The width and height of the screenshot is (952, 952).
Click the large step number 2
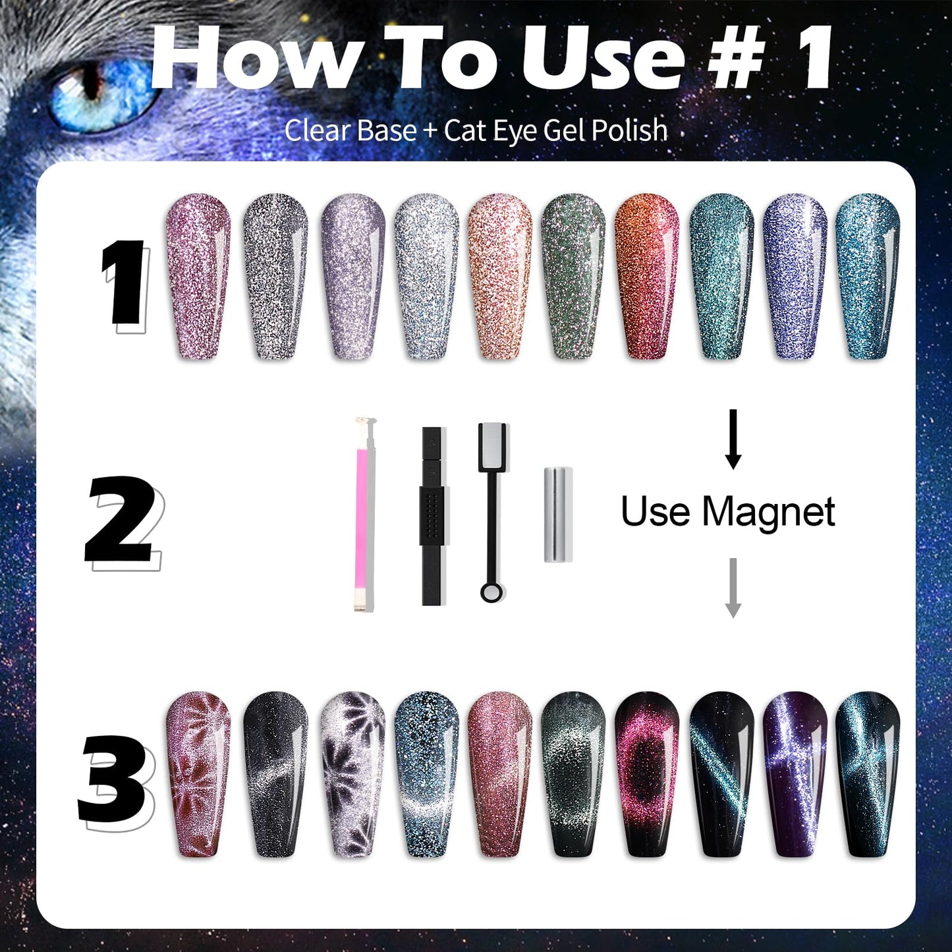click(122, 520)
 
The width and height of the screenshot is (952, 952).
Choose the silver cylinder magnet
click(558, 515)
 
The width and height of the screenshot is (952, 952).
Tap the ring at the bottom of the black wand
click(491, 592)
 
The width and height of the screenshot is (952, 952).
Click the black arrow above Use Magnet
click(733, 438)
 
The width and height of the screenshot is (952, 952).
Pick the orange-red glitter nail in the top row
click(647, 277)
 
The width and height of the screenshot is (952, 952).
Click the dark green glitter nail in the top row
click(573, 277)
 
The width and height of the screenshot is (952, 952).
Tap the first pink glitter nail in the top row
click(198, 277)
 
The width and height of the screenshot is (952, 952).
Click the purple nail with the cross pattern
click(795, 774)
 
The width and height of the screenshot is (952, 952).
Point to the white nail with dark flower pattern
click(353, 774)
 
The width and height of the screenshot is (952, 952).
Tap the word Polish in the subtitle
click(629, 130)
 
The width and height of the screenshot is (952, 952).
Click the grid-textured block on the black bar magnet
click(432, 516)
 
